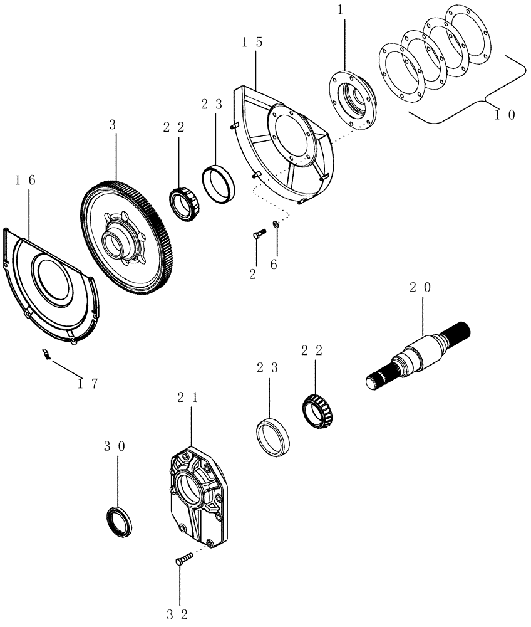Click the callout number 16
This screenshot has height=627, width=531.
point(26,180)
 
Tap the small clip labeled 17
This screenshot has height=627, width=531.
point(46,354)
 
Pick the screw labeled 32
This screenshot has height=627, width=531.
point(181,559)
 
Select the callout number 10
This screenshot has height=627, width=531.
point(503,115)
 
